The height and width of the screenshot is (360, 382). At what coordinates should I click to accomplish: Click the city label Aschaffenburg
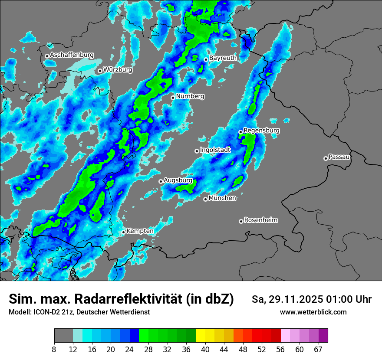pos(72,55)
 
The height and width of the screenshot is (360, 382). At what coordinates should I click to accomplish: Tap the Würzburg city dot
pos(100,71)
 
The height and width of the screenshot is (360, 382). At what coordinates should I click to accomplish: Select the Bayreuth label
pos(223,58)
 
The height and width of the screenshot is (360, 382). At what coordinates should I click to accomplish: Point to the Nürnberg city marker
pos(173,98)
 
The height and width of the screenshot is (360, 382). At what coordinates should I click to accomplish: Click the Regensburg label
pos(261,130)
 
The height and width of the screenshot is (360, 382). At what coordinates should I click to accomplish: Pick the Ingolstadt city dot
pos(197,151)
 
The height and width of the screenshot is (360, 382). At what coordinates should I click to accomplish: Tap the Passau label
pos(339,157)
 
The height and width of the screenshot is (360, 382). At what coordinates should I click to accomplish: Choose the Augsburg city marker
pos(161,181)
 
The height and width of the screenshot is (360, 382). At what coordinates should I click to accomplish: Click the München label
pos(222,198)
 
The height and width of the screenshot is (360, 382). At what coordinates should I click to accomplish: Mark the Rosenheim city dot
pos(241,221)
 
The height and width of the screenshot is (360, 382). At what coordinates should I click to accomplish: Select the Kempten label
pos(140,231)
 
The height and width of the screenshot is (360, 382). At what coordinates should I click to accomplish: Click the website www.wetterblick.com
pos(313,312)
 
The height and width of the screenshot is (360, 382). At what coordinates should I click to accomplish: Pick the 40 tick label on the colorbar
pos(205,349)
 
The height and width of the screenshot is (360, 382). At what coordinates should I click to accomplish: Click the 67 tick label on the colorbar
pos(318,349)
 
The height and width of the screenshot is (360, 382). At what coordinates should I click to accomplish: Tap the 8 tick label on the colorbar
pos(54,349)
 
